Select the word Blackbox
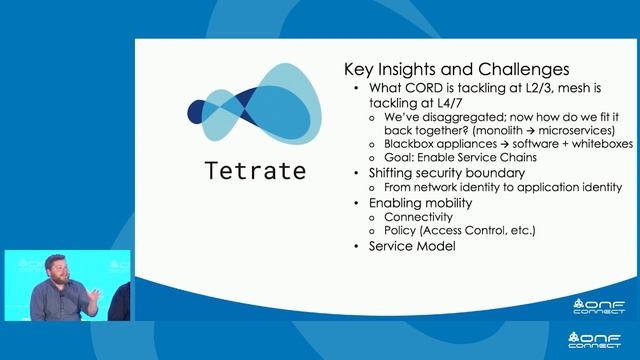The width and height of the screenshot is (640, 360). point(400,144)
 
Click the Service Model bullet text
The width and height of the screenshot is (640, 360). point(412,245)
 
